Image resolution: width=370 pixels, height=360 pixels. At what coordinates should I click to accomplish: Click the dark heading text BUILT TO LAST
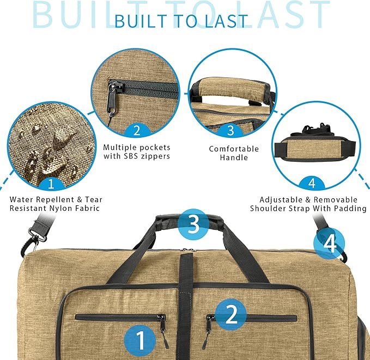[x=181, y=21]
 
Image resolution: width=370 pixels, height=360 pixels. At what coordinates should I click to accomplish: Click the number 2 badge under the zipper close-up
[x=137, y=130]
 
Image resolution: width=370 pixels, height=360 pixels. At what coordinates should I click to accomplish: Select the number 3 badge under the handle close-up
[x=231, y=130]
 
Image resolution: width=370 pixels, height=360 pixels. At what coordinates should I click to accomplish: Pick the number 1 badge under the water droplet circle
[x=51, y=184]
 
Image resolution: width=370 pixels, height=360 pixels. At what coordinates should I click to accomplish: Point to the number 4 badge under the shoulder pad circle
[x=312, y=184]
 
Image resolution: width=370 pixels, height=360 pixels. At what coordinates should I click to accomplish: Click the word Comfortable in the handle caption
[x=234, y=149]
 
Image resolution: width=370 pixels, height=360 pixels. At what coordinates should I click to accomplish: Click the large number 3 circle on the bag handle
[x=193, y=224]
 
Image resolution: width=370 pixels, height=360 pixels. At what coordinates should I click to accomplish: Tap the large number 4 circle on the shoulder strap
[x=329, y=243]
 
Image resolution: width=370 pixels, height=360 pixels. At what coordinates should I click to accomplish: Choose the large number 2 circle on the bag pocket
[x=231, y=314]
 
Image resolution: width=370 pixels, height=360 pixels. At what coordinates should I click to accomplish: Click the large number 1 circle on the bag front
[x=140, y=340]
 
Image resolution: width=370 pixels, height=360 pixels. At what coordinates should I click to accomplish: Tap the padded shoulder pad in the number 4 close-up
[x=316, y=149]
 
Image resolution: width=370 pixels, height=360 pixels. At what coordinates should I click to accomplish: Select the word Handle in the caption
[x=234, y=157]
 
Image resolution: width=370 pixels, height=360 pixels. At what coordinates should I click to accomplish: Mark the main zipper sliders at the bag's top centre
[x=187, y=250]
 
